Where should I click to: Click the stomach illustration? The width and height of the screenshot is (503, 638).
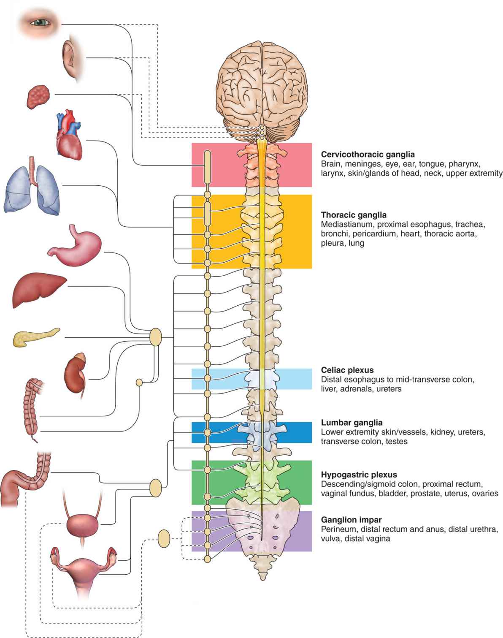[x=76, y=246]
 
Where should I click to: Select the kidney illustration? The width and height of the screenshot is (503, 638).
[x=76, y=372]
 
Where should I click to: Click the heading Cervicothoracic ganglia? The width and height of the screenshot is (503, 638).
[x=368, y=155]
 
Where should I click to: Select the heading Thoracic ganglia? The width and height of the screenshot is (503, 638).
[x=354, y=215]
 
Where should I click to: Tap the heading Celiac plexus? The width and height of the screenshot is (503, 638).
[x=347, y=370]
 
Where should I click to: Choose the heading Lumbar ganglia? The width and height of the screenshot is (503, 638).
[x=352, y=423]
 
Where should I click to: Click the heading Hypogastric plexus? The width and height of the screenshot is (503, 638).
[x=359, y=475]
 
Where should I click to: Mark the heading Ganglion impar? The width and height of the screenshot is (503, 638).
[x=351, y=520]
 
